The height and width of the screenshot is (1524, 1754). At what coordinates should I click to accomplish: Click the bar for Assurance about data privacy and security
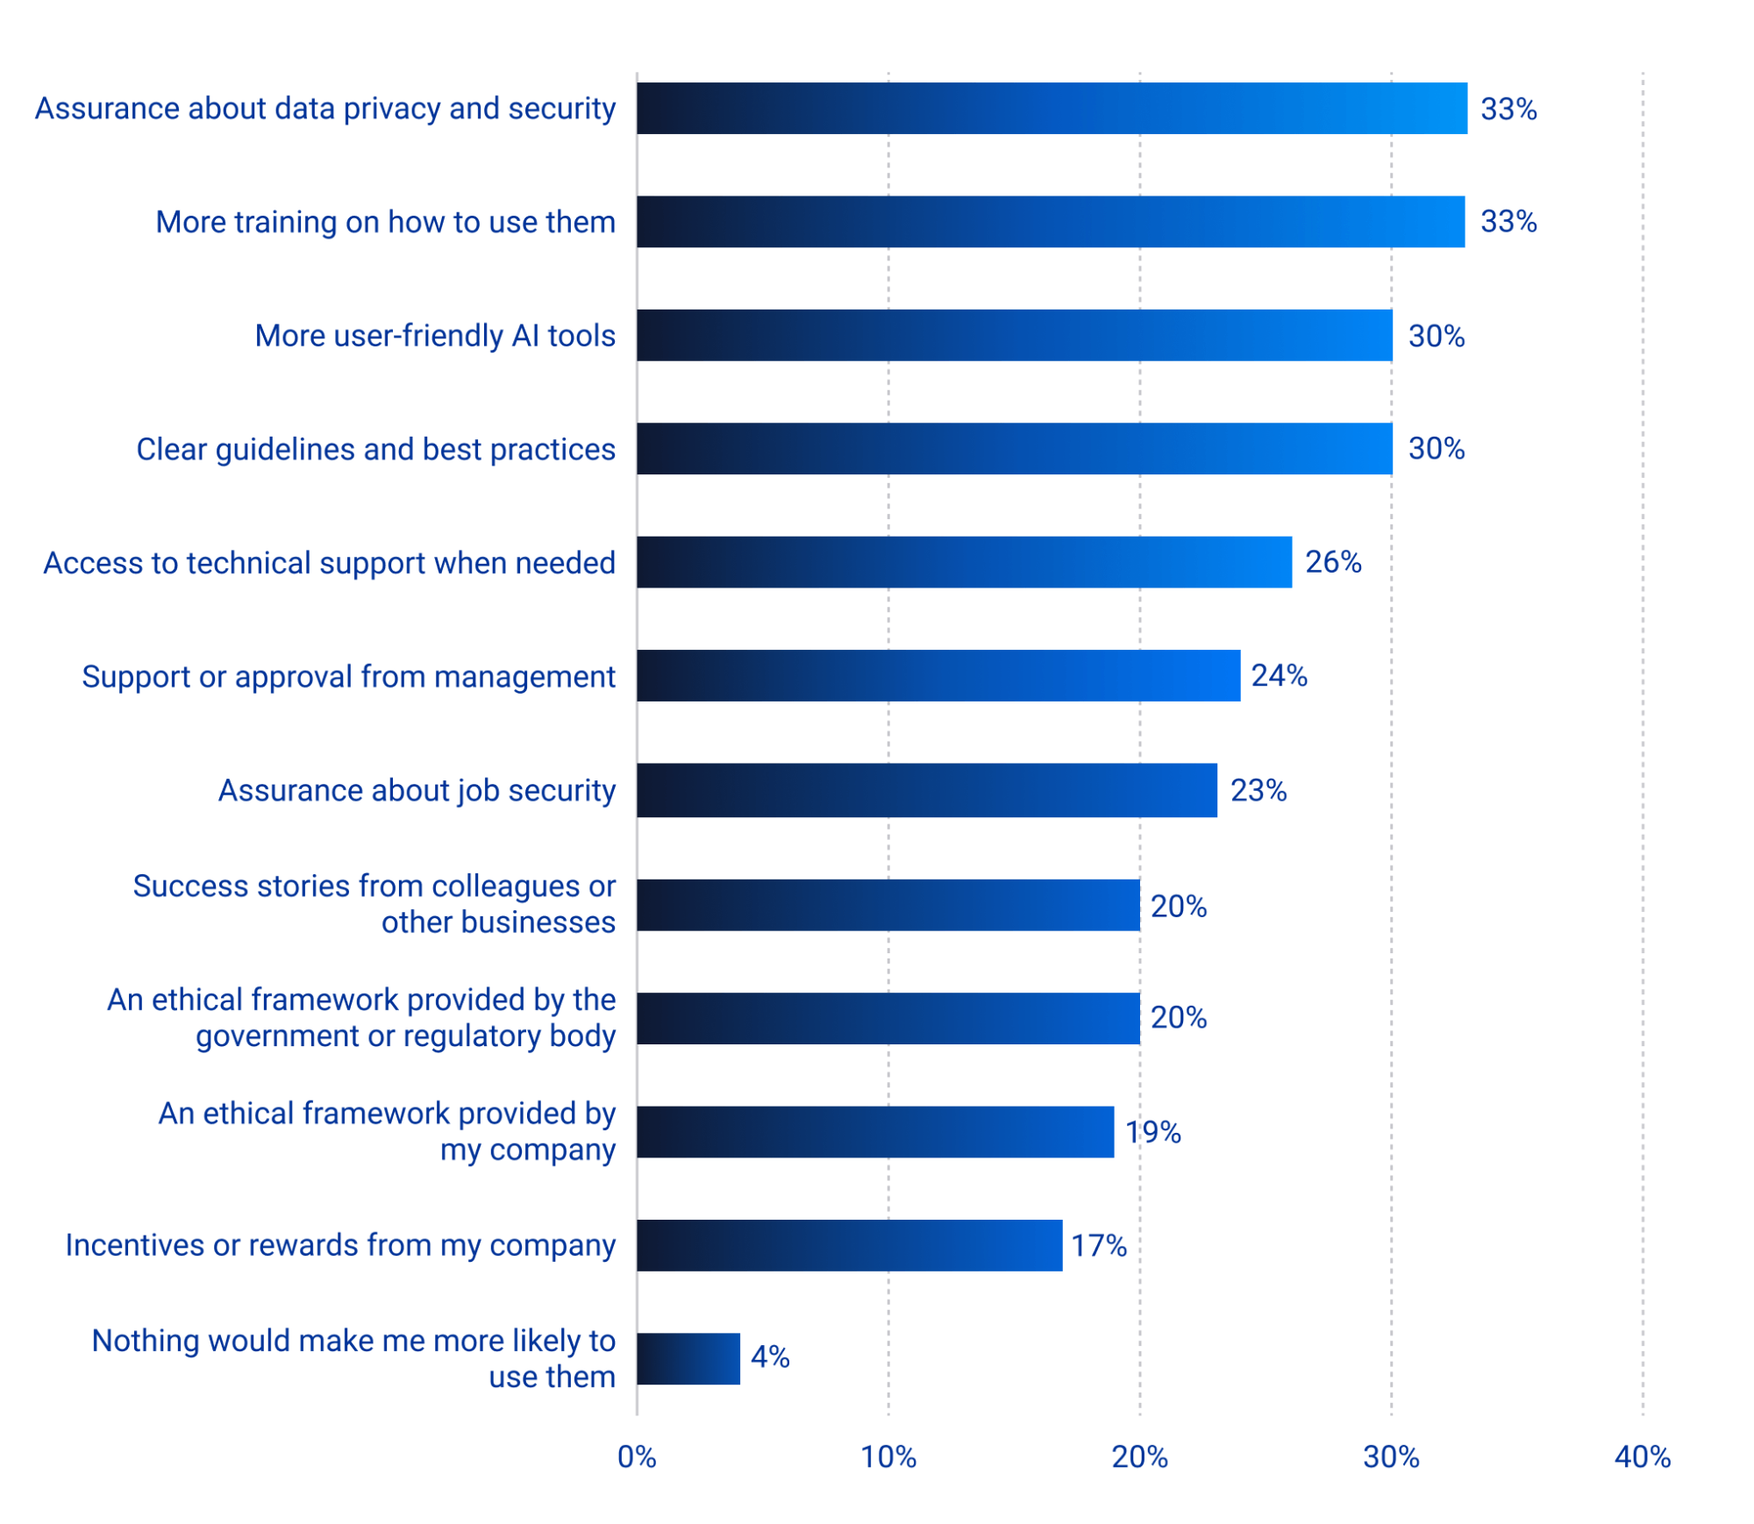1051,109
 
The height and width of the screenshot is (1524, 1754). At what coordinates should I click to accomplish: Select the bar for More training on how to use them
1050,222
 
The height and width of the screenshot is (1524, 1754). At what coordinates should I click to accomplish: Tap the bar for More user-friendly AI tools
1014,335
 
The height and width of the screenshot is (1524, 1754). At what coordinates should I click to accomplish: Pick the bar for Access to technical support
964,562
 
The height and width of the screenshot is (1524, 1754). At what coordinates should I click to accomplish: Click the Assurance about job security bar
926,790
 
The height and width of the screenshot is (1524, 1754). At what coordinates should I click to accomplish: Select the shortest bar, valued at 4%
688,1358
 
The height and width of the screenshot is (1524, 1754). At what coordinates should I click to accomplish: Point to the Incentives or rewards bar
849,1245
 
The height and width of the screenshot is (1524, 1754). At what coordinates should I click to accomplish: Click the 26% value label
1332,562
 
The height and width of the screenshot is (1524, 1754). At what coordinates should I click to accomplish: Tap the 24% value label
1279,676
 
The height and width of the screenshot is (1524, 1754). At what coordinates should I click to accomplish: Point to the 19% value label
1153,1132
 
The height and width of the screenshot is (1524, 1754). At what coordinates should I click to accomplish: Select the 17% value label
1098,1245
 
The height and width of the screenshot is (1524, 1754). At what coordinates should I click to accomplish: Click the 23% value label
1258,791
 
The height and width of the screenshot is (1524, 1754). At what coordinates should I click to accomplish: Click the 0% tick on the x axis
637,1457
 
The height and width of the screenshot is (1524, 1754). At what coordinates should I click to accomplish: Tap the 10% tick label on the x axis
888,1457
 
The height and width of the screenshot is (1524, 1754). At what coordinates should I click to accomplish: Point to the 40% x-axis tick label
1642,1457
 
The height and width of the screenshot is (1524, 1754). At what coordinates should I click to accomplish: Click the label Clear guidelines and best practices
375,450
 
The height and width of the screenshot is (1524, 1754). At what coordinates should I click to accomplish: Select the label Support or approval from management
348,677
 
